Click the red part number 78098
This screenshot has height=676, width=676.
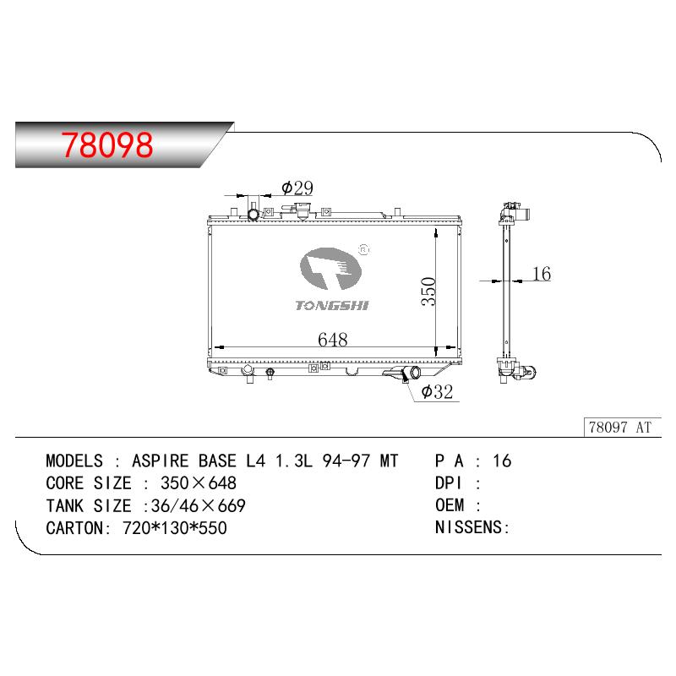coord(107,145)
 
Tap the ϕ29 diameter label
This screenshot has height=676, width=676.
coord(297,188)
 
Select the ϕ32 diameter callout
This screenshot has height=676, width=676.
coord(437,391)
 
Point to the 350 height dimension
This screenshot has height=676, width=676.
coord(428,292)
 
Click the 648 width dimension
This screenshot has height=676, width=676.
coord(332,340)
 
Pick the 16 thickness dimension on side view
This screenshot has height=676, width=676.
coord(542,274)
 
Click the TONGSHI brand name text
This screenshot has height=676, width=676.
coord(332,306)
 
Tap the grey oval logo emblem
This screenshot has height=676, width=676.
coord(330,269)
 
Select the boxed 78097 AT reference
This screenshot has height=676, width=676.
coord(622,428)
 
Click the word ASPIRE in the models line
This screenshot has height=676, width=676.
coord(161,461)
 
